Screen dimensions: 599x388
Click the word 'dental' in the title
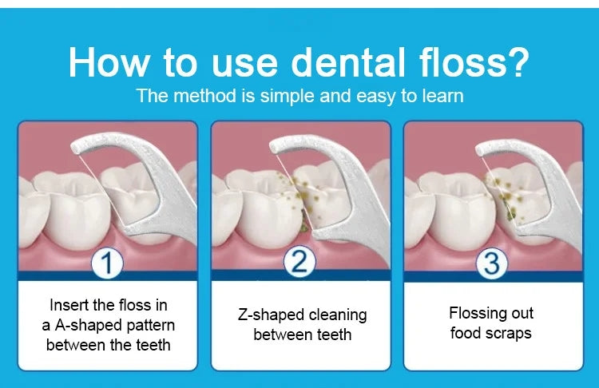pyautogui.click(x=347, y=62)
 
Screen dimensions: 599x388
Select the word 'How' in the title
pyautogui.click(x=108, y=62)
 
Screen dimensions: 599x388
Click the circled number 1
pyautogui.click(x=107, y=263)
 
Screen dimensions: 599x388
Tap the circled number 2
pyautogui.click(x=299, y=263)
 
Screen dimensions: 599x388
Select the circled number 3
pyautogui.click(x=492, y=263)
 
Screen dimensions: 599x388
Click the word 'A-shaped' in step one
pyautogui.click(x=89, y=326)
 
